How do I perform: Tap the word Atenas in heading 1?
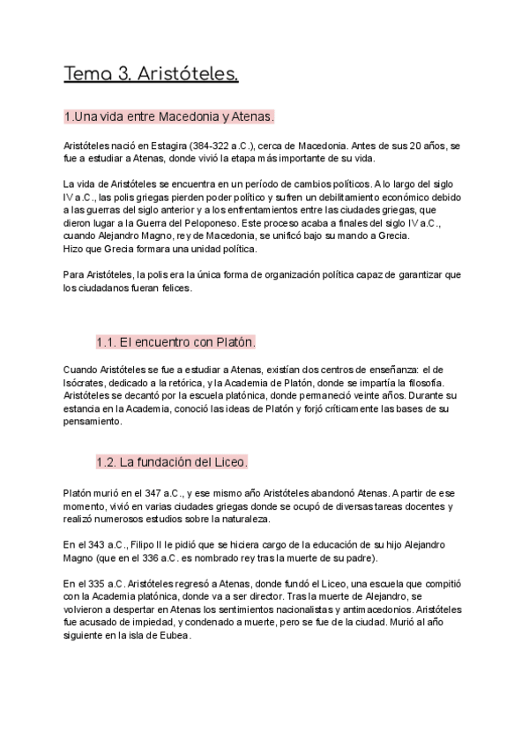[251, 116]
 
